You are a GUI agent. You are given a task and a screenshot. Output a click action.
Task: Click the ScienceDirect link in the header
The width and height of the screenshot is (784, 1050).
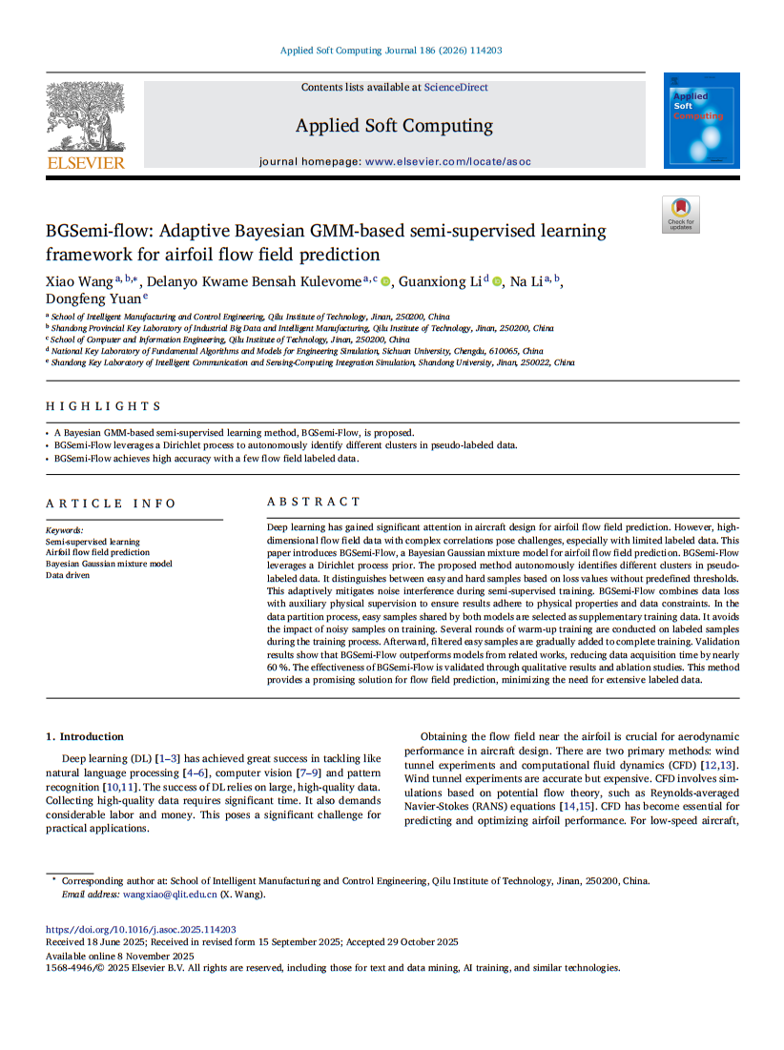(456, 88)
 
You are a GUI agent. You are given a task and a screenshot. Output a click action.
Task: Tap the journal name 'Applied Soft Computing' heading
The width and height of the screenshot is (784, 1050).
(394, 126)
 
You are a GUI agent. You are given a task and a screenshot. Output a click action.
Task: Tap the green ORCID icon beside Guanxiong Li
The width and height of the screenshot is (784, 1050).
(497, 281)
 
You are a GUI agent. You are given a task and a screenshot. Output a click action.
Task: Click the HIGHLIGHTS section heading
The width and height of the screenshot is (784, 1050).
(104, 406)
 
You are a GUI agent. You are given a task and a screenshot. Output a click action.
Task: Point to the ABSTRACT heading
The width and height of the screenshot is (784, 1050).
(314, 502)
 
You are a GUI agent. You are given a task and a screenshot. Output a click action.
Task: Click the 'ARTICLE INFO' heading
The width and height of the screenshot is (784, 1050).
(111, 504)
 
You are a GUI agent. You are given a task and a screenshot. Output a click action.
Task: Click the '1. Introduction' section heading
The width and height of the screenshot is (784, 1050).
(85, 736)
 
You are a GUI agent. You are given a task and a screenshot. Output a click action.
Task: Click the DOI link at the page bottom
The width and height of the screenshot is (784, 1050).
(141, 929)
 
